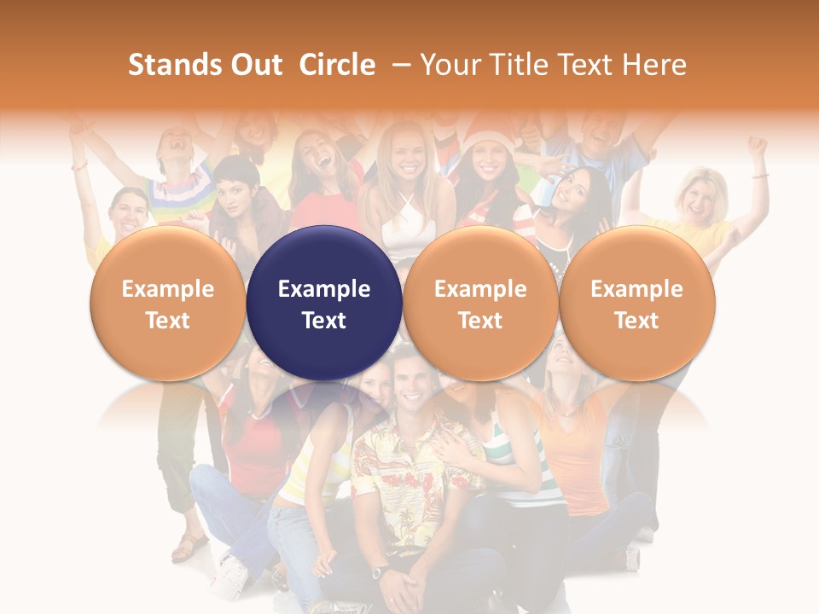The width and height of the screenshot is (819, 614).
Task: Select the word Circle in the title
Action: point(337,65)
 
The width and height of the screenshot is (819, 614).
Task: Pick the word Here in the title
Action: point(653,65)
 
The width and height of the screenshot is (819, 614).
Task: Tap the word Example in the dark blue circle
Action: point(324,289)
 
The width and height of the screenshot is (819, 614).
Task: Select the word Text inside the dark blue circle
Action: point(324,321)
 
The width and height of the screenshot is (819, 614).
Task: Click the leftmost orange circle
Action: point(167,303)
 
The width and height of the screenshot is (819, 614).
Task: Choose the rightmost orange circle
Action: point(636,303)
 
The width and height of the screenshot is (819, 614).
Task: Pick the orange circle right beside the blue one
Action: point(480,303)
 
